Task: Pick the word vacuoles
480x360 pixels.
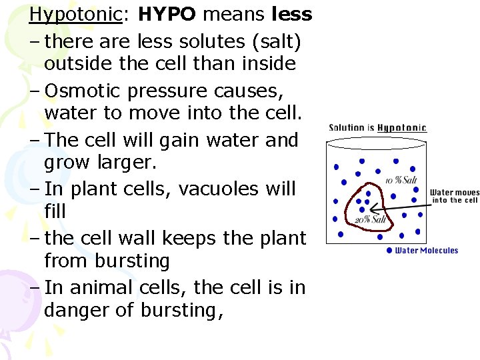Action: point(204,189)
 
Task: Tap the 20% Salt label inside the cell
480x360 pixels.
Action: point(371,219)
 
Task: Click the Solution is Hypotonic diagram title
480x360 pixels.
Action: point(377,128)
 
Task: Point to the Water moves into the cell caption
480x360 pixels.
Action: point(454,196)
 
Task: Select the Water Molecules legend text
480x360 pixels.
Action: point(427,251)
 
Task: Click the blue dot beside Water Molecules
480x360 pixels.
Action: point(389,251)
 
